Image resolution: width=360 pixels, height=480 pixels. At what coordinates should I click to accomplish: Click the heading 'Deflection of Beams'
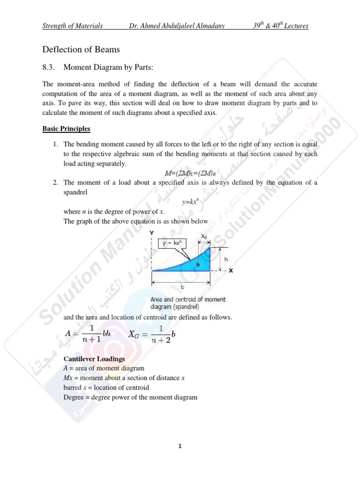[x=81, y=49]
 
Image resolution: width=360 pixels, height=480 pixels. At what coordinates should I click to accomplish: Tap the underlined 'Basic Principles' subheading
[x=66, y=128]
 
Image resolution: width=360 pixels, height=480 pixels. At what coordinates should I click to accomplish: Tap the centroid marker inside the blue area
[x=197, y=265]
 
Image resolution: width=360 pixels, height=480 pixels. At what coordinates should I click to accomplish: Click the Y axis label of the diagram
[x=151, y=232]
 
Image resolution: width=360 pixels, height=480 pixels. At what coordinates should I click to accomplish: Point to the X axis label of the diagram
[x=231, y=270]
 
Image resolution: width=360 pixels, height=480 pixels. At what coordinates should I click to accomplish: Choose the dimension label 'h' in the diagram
[x=225, y=258]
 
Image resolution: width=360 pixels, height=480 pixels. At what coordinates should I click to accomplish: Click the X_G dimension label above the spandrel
[x=204, y=236]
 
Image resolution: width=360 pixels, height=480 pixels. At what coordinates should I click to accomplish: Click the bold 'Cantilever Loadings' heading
[x=94, y=359]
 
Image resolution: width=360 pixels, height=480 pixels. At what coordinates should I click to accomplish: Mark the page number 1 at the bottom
[x=180, y=446]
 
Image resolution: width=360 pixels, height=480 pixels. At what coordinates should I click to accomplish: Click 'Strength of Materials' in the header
[x=73, y=26]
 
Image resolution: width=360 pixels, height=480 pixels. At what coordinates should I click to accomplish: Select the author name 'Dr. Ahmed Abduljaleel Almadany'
[x=177, y=26]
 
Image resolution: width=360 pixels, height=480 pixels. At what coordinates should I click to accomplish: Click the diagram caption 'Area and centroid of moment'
[x=188, y=300]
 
